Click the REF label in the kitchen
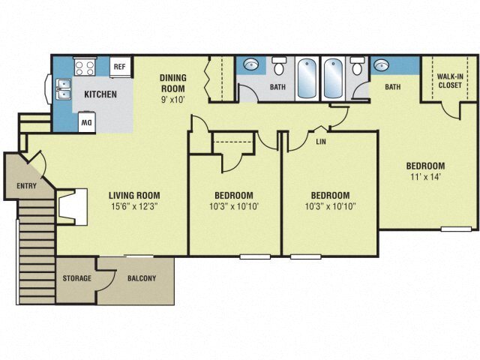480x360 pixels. click(118, 67)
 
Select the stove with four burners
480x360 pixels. click(85, 67)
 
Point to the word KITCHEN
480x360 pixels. click(100, 94)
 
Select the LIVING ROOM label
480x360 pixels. click(136, 195)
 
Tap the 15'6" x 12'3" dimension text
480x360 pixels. click(136, 206)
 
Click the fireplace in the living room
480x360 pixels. click(70, 206)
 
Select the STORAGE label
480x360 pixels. click(76, 278)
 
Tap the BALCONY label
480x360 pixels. click(142, 278)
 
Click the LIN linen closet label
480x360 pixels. click(321, 140)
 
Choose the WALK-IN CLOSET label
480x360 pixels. click(449, 79)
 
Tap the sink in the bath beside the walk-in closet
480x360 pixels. click(380, 65)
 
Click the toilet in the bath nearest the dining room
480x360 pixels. click(280, 68)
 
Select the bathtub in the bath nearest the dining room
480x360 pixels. click(306, 78)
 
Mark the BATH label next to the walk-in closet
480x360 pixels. click(393, 87)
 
